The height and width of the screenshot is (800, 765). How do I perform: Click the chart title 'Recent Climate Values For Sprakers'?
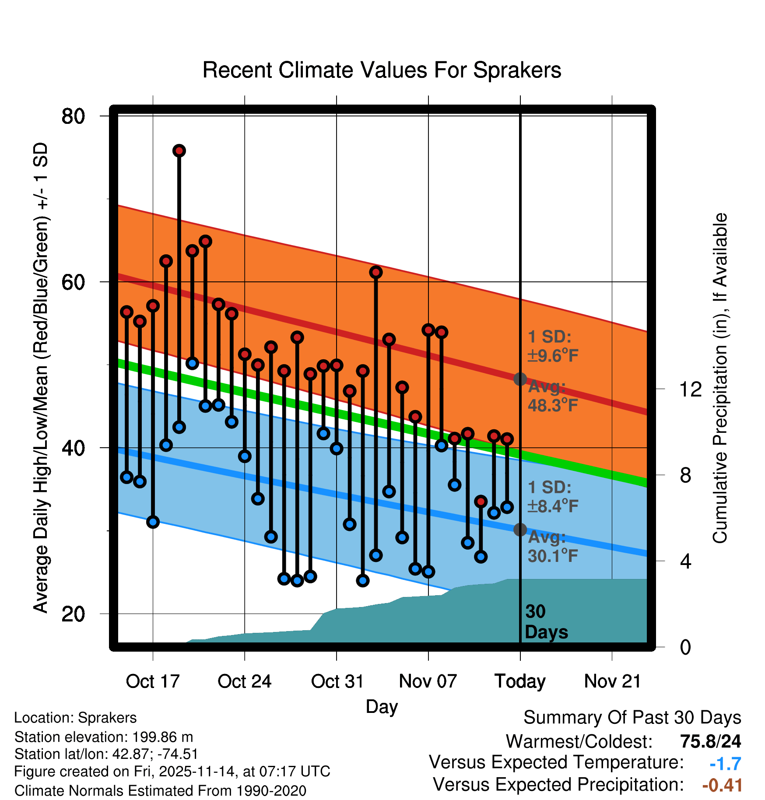pos(382,70)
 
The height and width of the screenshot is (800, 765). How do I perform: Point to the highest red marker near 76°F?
pos(179,151)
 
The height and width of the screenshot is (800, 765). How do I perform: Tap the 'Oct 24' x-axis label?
pos(244,681)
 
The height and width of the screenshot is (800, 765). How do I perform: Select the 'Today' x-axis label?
pos(520,681)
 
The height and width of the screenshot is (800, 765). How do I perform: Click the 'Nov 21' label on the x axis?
pos(612,681)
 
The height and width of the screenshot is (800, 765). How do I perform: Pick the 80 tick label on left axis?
pos(73,116)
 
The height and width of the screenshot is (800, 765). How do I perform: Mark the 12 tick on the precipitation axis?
pos(690,389)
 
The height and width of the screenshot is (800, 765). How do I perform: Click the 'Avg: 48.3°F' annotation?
pos(552,396)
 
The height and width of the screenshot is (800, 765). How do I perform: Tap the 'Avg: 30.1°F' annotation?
pos(552,547)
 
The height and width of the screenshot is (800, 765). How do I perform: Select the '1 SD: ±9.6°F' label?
pos(552,346)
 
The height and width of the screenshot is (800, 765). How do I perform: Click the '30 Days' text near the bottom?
pos(546,622)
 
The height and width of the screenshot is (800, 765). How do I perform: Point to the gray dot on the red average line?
pos(520,379)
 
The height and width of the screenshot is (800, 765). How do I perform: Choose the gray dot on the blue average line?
pos(520,530)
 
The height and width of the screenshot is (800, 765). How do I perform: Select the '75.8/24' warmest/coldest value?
pos(710,741)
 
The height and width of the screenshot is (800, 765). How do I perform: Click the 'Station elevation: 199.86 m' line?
pos(104,737)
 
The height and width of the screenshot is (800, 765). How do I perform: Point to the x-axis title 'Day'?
pos(382,706)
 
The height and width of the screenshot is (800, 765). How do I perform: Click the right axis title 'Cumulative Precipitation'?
pos(720,378)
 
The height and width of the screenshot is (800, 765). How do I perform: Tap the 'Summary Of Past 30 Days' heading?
pos(632,718)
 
